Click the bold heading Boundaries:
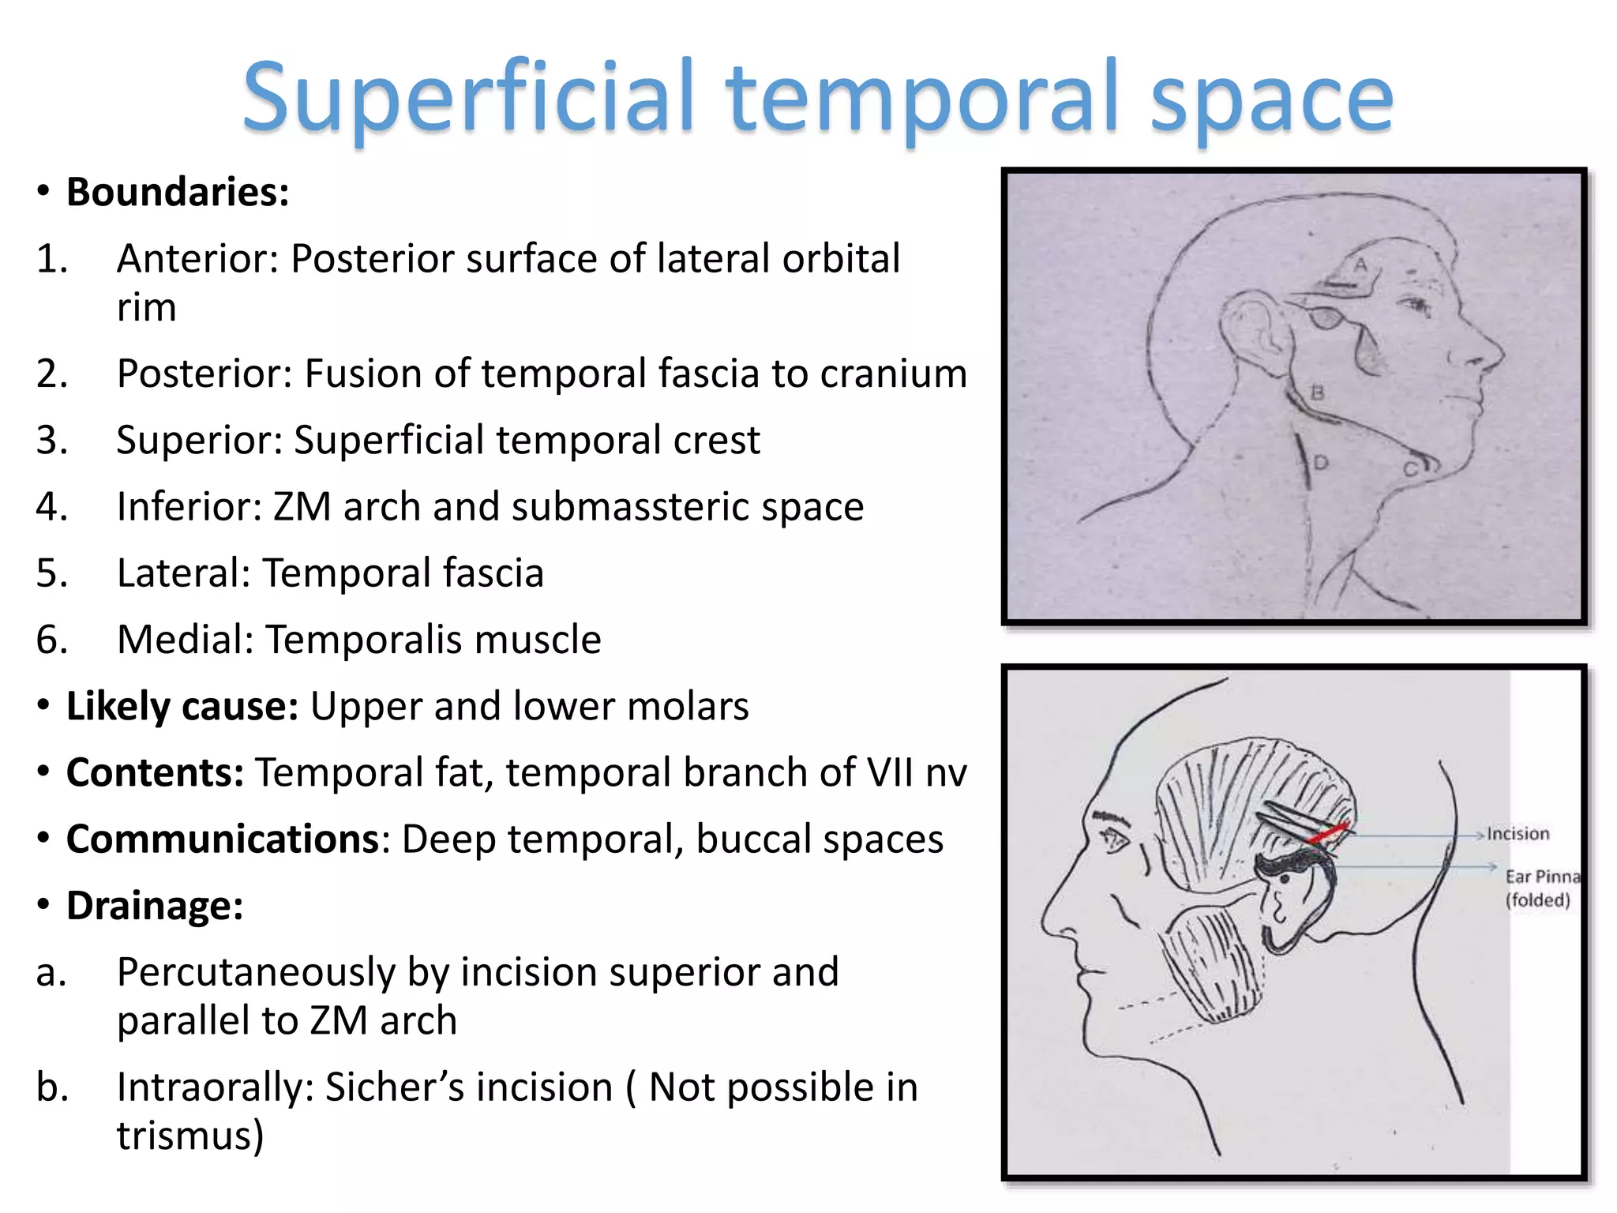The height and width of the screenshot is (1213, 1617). (x=178, y=192)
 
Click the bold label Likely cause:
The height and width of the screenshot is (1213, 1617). (x=182, y=706)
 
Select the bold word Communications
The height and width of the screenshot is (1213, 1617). (x=223, y=839)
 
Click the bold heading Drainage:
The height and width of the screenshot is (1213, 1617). (x=155, y=906)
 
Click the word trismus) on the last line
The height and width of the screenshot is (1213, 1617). (x=189, y=1136)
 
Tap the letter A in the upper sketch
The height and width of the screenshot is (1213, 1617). (x=1360, y=265)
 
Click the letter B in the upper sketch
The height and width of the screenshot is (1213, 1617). (x=1317, y=392)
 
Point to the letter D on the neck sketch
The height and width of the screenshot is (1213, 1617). (x=1320, y=463)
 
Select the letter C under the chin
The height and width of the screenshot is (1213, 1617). (x=1410, y=470)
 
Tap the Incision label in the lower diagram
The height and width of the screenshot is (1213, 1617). (x=1518, y=834)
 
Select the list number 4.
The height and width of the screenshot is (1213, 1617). (x=52, y=507)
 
